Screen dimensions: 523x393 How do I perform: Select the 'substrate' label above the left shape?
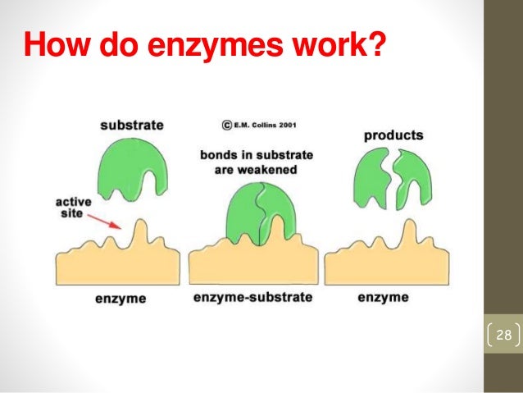[x=131, y=126]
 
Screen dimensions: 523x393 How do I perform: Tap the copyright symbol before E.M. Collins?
[x=225, y=126]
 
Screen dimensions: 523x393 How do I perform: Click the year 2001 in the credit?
[x=282, y=126]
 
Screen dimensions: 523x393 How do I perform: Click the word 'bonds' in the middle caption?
[x=220, y=153]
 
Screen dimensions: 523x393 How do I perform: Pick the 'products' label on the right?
[x=393, y=135]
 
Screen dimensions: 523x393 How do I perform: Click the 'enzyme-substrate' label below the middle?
[x=252, y=297]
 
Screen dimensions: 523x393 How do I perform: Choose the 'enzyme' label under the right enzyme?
[x=384, y=297]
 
